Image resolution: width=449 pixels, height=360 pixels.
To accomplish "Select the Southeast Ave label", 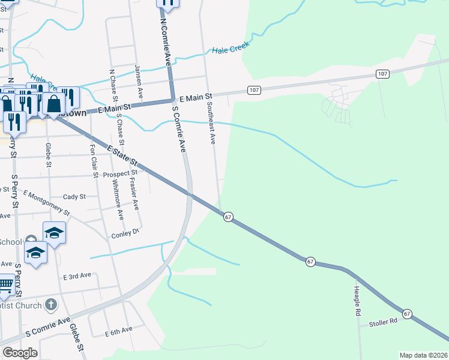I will point(210,123).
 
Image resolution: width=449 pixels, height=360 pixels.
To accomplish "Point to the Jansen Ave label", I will point(139,81).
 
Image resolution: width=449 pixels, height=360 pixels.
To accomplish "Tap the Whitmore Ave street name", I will point(120,201).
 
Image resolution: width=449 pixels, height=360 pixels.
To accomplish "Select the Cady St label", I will point(74,196).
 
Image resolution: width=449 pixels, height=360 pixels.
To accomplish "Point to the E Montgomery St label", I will point(47,203).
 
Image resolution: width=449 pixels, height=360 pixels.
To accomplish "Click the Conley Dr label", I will point(125,233).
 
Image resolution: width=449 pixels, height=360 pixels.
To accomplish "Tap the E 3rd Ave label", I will point(77,275).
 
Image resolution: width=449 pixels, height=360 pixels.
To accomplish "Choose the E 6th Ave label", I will point(118,331).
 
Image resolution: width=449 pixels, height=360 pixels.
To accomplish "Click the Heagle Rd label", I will point(357,301).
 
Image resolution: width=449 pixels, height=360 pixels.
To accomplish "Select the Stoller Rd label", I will point(384,322).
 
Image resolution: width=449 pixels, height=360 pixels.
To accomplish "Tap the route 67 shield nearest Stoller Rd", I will point(408,314).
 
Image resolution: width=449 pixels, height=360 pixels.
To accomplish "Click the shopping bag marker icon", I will point(53,103).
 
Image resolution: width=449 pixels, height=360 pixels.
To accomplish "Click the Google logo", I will point(20,353).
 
